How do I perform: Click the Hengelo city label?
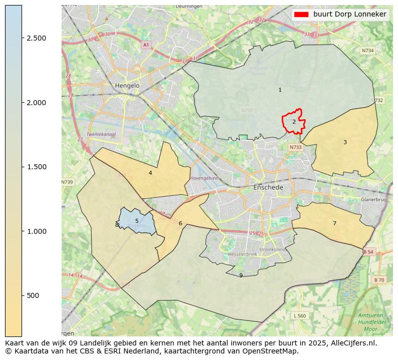pyautogui.click(x=127, y=86)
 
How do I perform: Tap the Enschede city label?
pyautogui.click(x=268, y=187)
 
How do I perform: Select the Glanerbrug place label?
pyautogui.click(x=373, y=199)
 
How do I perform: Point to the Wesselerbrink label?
pyautogui.click(x=242, y=254)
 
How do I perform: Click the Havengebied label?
pyautogui.click(x=204, y=178)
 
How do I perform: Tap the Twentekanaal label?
pyautogui.click(x=101, y=135)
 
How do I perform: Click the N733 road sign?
pyautogui.click(x=295, y=147)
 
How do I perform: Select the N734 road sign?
pyautogui.click(x=368, y=51)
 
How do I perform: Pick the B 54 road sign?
pyautogui.click(x=368, y=251)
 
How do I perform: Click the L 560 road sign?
pyautogui.click(x=299, y=315)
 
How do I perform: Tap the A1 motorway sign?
pyautogui.click(x=146, y=45)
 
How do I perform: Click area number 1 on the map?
pyautogui.click(x=280, y=90)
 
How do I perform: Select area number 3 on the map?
pyautogui.click(x=345, y=143)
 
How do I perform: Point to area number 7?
pyautogui.click(x=334, y=223)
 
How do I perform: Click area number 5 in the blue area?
pyautogui.click(x=137, y=221)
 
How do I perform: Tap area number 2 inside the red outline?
pyautogui.click(x=294, y=122)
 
